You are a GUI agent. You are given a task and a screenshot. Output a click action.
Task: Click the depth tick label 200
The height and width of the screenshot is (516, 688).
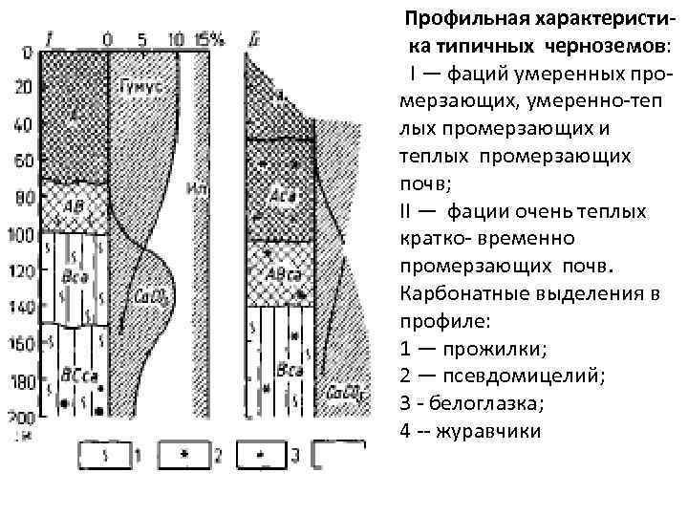tap(20, 417)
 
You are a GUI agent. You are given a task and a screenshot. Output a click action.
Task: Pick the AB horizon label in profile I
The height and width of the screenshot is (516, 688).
tap(74, 205)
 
